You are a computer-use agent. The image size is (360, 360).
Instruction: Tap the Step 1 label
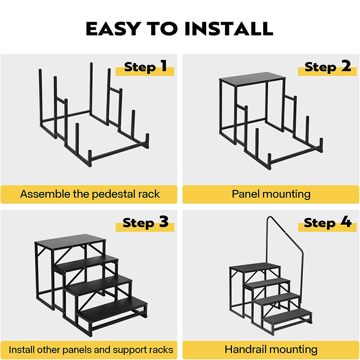[145, 67]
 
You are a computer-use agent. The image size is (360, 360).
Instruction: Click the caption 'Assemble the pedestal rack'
[90, 194]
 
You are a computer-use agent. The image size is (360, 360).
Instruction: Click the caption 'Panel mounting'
[271, 194]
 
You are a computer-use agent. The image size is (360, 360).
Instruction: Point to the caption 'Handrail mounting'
[271, 349]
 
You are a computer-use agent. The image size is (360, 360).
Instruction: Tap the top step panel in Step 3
[70, 243]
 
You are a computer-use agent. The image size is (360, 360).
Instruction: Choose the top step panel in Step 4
[254, 267]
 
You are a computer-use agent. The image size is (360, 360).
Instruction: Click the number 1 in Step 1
[163, 67]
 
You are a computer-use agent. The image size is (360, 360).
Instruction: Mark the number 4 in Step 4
[346, 222]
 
